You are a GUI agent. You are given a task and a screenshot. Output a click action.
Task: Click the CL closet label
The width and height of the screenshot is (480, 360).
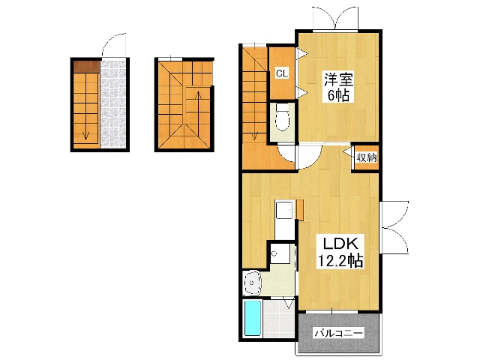282,73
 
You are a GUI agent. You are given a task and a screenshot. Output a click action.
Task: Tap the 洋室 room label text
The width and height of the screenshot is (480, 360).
338,79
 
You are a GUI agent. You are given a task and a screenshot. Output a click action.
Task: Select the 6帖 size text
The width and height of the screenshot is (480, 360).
338,95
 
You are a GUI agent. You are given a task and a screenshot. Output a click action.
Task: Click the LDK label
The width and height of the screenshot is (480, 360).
341,244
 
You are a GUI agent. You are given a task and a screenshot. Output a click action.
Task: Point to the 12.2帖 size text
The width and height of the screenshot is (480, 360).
340,261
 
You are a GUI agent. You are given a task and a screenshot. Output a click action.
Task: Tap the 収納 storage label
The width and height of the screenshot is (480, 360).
367,157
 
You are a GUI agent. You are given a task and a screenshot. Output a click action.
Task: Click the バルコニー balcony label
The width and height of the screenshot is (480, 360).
339,333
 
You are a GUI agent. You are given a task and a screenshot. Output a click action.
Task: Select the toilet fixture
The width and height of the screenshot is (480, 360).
283,117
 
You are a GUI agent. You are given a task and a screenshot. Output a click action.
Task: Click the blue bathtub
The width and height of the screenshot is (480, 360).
253,318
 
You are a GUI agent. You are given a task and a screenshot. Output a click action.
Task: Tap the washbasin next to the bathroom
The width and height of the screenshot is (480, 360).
253,283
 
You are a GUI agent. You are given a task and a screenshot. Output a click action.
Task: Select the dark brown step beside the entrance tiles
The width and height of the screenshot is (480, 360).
87,67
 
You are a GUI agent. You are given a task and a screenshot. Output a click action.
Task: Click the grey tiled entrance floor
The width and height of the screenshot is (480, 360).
113,104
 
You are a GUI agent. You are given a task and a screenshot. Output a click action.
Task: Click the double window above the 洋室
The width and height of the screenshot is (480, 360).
335,18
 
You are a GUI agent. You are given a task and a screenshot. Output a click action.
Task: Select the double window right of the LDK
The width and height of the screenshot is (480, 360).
394,227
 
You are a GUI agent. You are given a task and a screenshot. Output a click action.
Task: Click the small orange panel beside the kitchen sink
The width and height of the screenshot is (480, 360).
300,210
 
